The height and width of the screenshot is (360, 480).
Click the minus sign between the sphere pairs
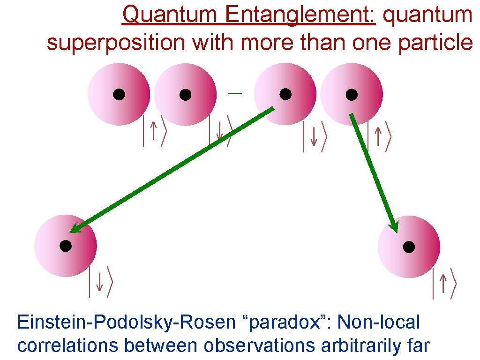235,94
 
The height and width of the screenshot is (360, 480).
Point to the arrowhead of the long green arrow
74,229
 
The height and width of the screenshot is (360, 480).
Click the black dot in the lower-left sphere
66,246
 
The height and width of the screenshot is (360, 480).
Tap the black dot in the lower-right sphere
409,247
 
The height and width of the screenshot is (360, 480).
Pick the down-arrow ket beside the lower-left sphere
100,282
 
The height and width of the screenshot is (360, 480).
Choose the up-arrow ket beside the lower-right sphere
444,284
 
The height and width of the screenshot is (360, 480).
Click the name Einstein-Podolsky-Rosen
125,323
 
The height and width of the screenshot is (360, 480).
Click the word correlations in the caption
67,345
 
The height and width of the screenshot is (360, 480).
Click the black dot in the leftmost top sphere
119,95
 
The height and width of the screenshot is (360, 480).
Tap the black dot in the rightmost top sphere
352,95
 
